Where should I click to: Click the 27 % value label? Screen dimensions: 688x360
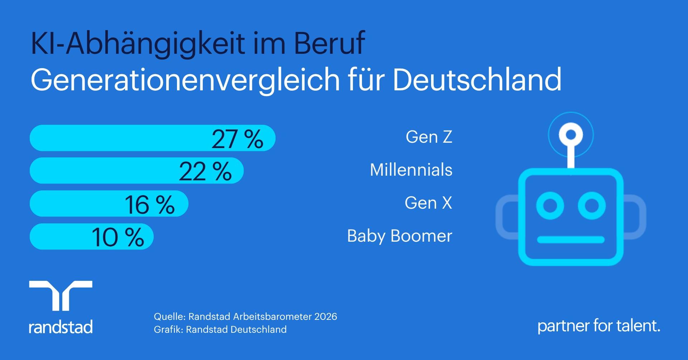tap(237, 139)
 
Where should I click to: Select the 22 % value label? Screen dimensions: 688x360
tap(205, 172)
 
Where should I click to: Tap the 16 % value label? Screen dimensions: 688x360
tap(150, 205)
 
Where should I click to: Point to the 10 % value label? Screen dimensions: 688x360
tap(118, 237)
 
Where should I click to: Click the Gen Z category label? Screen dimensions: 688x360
tap(429, 137)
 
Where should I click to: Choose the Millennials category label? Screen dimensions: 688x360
tap(411, 170)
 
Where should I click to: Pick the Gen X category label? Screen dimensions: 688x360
tap(429, 203)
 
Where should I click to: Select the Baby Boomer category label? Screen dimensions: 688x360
tap(400, 236)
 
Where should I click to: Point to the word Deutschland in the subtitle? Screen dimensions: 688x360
tap(477, 80)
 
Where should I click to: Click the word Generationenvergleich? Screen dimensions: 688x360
tap(185, 81)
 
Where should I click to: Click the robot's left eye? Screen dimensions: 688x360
tap(550, 205)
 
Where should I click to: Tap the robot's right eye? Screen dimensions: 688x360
tap(592, 205)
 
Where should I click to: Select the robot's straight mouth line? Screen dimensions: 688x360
tap(571, 240)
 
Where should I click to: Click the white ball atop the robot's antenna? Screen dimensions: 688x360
tap(571, 135)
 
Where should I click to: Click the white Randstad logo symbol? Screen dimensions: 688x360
tap(61, 296)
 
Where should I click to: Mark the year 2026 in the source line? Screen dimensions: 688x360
tap(326, 316)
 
